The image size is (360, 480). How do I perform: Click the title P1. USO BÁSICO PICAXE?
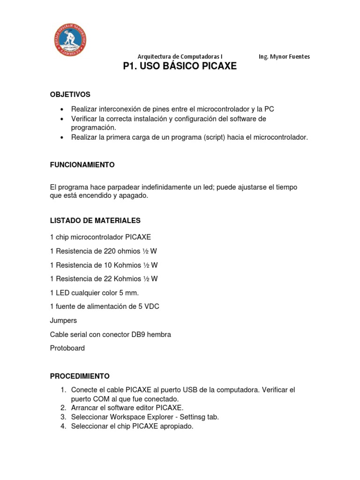pyautogui.click(x=180, y=67)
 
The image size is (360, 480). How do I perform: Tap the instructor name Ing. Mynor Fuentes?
pyautogui.click(x=284, y=57)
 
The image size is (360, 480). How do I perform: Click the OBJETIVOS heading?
pyautogui.click(x=70, y=95)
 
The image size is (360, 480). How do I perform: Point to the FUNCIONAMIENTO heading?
pyautogui.click(x=82, y=165)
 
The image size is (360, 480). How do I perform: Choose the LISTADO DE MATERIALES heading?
pyautogui.click(x=95, y=220)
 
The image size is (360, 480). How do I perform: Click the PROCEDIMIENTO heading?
pyautogui.click(x=80, y=376)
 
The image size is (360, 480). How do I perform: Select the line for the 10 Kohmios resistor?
pyautogui.click(x=104, y=265)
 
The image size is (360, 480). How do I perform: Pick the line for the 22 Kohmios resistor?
pyautogui.click(x=104, y=279)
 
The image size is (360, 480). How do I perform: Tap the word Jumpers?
pyautogui.click(x=63, y=321)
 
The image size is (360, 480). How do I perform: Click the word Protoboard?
pyautogui.click(x=67, y=348)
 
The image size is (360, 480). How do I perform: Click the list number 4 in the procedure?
pyautogui.click(x=63, y=427)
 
